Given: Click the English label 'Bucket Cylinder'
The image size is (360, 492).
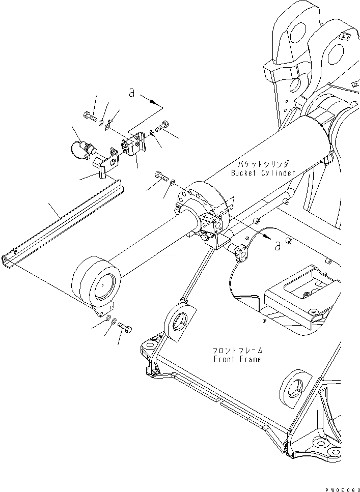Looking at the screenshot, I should tap(263, 173).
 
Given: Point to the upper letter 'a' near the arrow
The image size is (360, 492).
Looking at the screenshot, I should tap(131, 94).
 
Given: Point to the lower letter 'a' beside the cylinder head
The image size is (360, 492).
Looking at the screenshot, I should tap(277, 246).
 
